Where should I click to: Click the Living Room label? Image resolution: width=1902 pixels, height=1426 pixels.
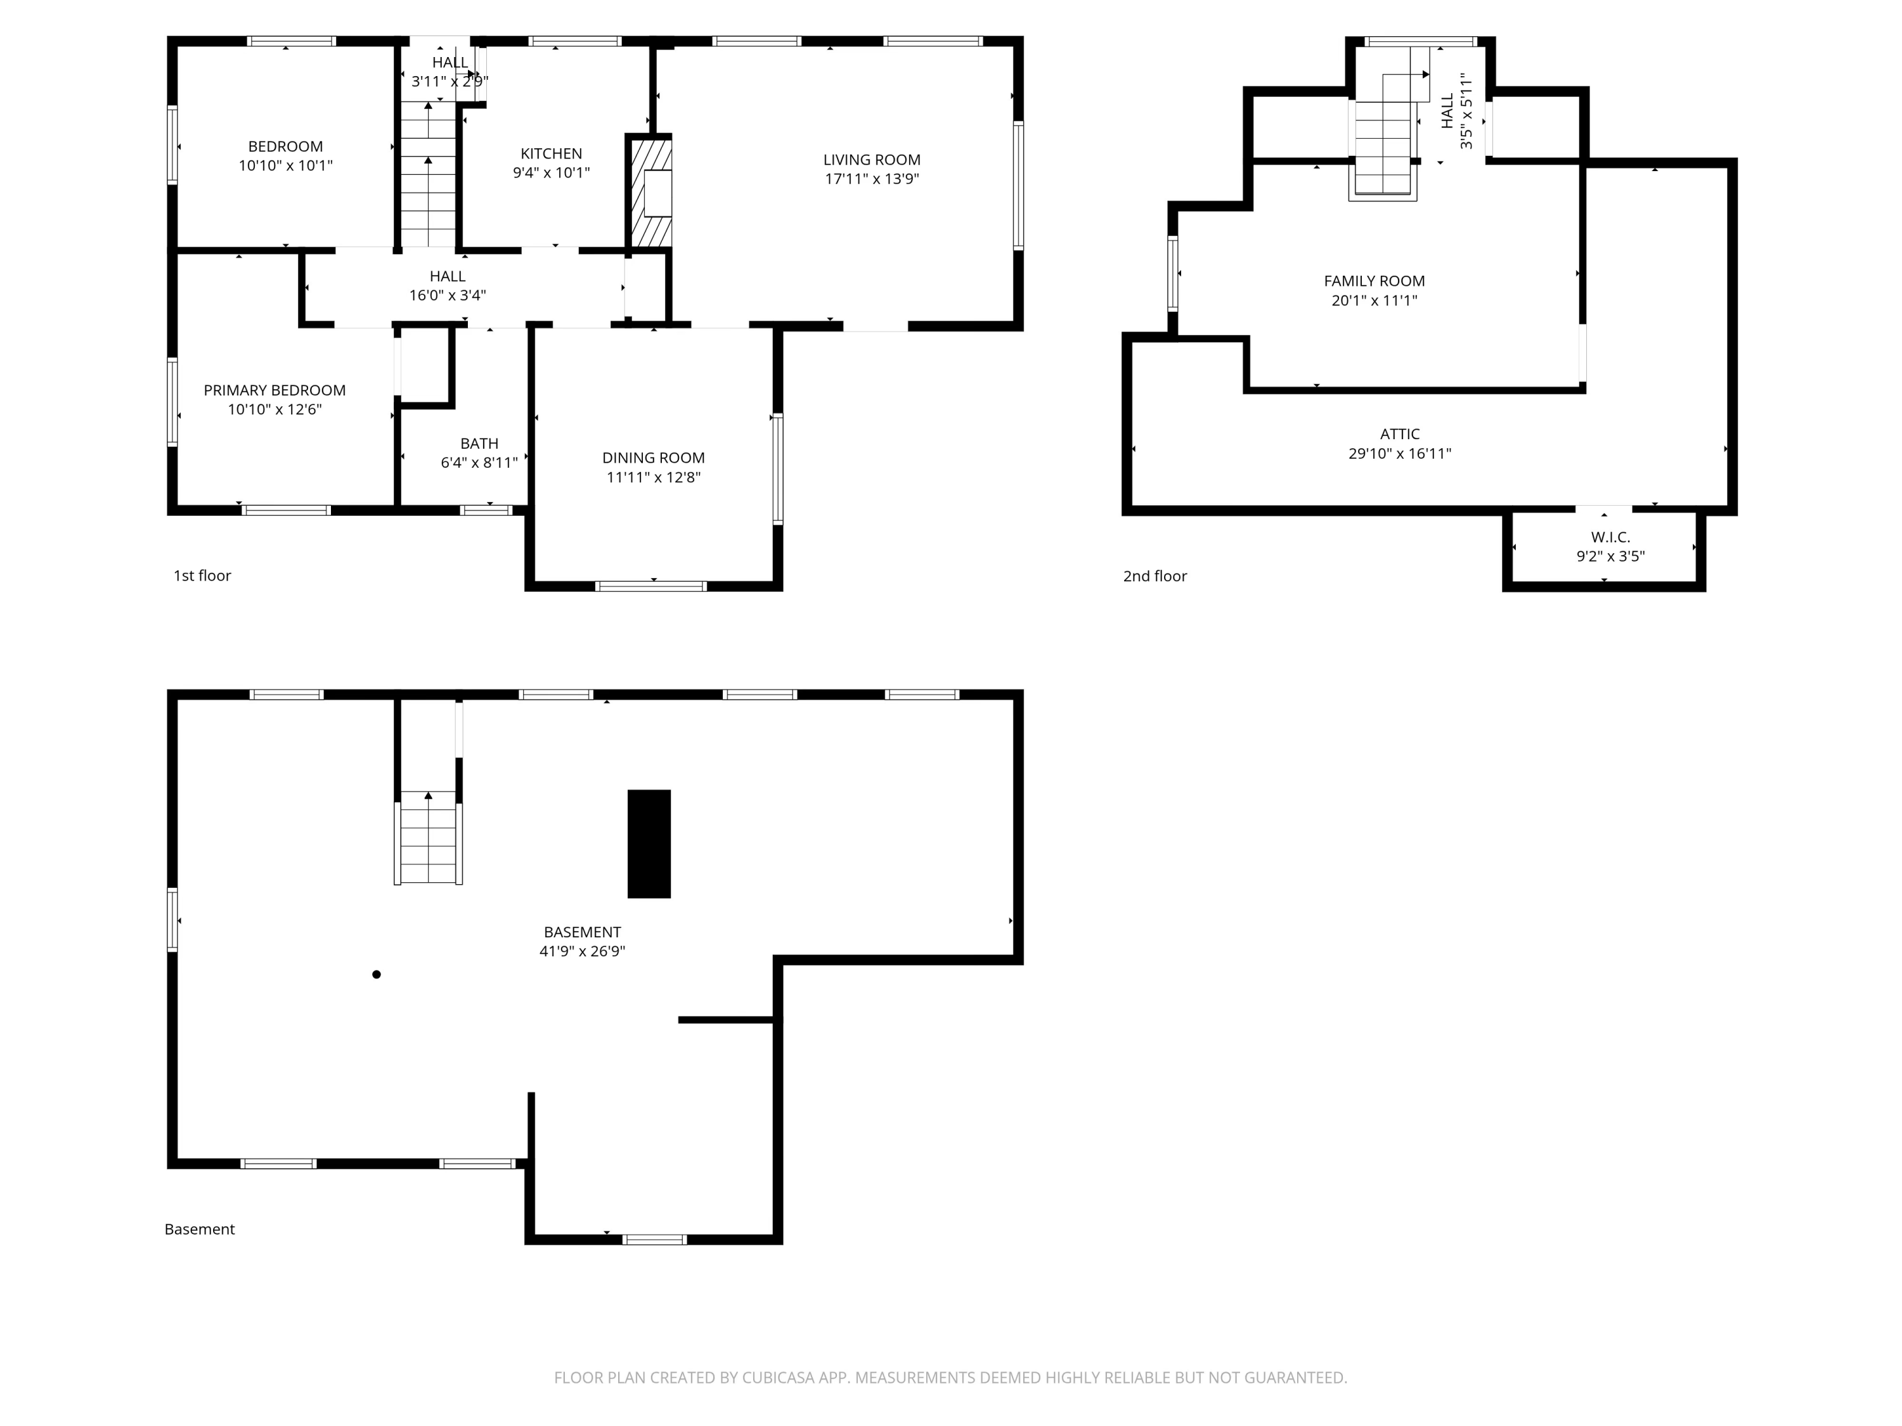pyautogui.click(x=871, y=160)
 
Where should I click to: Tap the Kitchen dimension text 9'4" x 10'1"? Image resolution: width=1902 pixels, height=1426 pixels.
pyautogui.click(x=551, y=173)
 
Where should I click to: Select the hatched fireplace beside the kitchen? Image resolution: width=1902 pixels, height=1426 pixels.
pyautogui.click(x=651, y=193)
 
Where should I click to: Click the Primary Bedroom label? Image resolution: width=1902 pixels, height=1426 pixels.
pyautogui.click(x=275, y=390)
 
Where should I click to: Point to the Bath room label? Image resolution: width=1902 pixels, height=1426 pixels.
pyautogui.click(x=479, y=444)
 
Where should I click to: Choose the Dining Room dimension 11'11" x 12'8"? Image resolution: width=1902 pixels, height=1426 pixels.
pyautogui.click(x=654, y=478)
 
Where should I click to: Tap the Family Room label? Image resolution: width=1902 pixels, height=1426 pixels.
pyautogui.click(x=1374, y=281)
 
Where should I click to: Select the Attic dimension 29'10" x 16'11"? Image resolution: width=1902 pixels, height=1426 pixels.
pyautogui.click(x=1400, y=454)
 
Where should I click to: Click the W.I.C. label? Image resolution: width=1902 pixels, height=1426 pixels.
pyautogui.click(x=1610, y=537)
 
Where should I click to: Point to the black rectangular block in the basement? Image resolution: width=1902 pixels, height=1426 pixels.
pyautogui.click(x=649, y=844)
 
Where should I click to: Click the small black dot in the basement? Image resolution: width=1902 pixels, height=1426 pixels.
pyautogui.click(x=377, y=974)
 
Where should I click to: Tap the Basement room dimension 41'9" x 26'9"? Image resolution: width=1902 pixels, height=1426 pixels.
pyautogui.click(x=582, y=951)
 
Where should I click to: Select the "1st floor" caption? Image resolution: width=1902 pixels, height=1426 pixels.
pyautogui.click(x=202, y=576)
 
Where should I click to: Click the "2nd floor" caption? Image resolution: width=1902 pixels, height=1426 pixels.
pyautogui.click(x=1155, y=577)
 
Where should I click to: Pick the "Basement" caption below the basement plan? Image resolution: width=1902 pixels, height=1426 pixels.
pyautogui.click(x=200, y=1229)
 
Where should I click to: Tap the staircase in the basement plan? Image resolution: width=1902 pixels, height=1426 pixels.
pyautogui.click(x=428, y=838)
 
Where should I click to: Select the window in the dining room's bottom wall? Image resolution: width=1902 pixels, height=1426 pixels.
pyautogui.click(x=651, y=586)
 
